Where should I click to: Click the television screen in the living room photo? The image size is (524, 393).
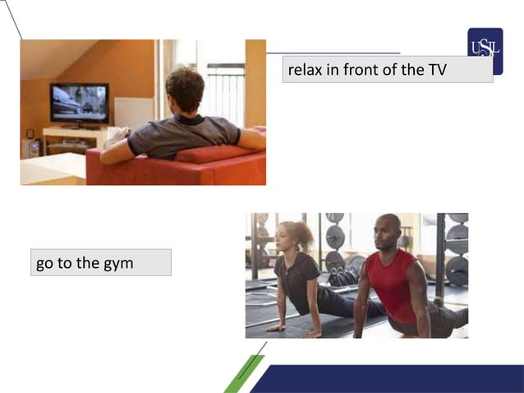79,102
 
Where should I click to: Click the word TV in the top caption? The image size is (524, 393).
437,70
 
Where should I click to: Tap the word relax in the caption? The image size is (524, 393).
305,70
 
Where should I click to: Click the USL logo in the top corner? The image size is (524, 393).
485,44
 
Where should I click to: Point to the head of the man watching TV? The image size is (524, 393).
185,89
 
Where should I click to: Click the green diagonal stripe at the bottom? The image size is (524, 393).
243,377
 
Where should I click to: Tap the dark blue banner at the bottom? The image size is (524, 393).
394,378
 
